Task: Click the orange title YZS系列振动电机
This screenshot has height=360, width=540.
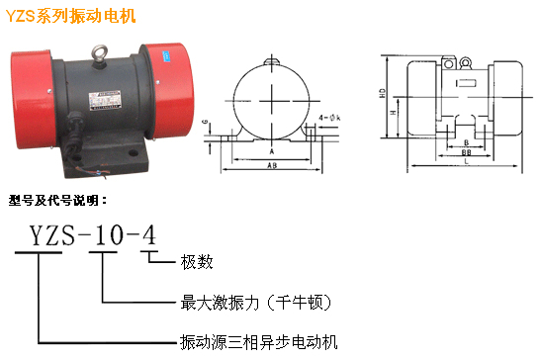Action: coord(71,16)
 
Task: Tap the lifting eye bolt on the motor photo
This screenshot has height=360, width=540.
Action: coord(100,53)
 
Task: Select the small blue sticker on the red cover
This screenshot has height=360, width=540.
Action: coord(167,56)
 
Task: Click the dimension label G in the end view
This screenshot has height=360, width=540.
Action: coord(206,123)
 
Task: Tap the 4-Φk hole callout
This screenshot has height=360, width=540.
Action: coord(329,118)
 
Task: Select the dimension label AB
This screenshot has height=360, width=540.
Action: coord(272,166)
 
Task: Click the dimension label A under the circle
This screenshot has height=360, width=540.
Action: coord(272,151)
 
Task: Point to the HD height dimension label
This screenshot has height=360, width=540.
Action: coord(383,93)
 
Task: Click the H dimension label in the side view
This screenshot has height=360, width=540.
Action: coord(393,113)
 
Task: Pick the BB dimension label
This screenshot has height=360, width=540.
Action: coord(466,151)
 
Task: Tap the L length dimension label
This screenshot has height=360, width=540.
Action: coord(466,161)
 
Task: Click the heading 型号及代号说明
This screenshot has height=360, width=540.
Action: coord(57,200)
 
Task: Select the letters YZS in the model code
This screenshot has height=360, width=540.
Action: coord(52,235)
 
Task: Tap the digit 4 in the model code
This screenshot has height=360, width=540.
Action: coord(149,235)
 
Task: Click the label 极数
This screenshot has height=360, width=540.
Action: coord(197,262)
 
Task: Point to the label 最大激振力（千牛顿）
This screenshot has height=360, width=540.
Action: coord(256,303)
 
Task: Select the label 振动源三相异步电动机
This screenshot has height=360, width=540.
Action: coord(259,342)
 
